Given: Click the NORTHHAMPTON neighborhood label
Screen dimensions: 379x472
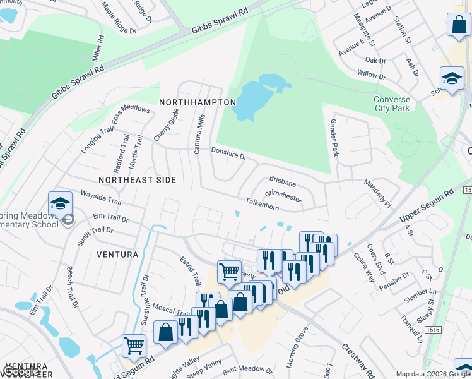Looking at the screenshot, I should pyautogui.click(x=198, y=102).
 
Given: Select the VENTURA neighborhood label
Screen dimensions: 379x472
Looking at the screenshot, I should pyautogui.click(x=117, y=255).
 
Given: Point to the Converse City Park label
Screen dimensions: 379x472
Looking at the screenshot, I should pyautogui.click(x=391, y=104).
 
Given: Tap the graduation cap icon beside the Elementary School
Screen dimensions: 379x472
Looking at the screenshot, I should pyautogui.click(x=60, y=203).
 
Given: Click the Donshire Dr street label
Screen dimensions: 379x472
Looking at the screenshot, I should pyautogui.click(x=228, y=153).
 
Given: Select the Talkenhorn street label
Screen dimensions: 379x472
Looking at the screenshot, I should pyautogui.click(x=263, y=203).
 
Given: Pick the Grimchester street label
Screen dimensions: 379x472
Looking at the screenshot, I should pyautogui.click(x=283, y=195).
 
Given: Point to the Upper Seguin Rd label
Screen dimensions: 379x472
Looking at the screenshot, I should pyautogui.click(x=427, y=208).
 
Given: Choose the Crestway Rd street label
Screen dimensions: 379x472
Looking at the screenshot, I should pyautogui.click(x=358, y=358).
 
